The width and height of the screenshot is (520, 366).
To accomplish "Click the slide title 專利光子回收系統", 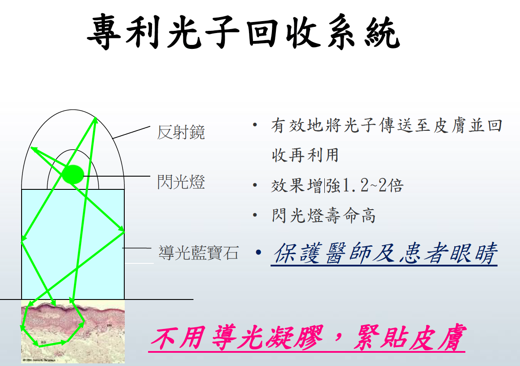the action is coord(244,32).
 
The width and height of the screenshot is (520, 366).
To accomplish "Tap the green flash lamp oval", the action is coord(73,174).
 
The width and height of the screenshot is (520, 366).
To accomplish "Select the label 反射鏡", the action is coord(181,132).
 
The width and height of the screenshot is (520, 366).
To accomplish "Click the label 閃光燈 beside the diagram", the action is coord(181,182).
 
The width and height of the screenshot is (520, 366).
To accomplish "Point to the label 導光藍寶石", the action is coord(199,253).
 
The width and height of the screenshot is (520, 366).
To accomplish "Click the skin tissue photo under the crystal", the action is coord(73,332).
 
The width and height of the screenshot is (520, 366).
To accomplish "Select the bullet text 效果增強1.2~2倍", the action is coord(337,185).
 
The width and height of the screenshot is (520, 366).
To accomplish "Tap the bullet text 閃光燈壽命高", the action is coord(323,215).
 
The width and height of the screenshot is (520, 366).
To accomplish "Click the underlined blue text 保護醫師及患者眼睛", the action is coord(385,253).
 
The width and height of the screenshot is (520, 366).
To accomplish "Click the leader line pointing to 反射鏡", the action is coord(131,132).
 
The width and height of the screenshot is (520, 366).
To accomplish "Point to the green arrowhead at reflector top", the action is coord(95,120).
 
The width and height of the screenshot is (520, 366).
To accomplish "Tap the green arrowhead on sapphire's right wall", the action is coord(121,230).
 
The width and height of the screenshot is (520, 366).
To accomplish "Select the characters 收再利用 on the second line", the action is coord(305,155).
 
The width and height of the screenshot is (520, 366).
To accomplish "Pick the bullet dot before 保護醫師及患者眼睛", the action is coord(259,253).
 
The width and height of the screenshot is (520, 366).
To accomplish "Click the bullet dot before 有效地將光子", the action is coord(255,126).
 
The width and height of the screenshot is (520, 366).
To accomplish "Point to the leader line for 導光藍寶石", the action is coord(137,248).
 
